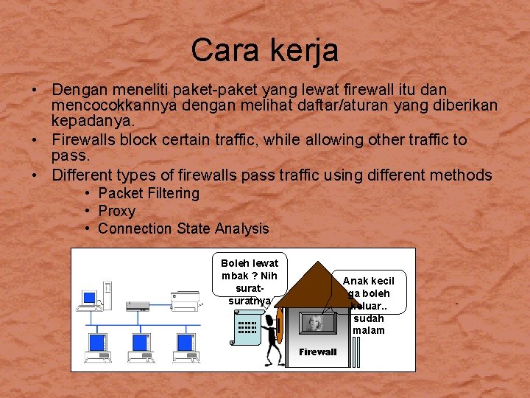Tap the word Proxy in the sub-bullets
(x=116, y=211)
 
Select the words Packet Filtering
(x=149, y=193)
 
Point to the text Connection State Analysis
(x=183, y=228)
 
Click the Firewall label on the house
(x=317, y=352)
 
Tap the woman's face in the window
(x=317, y=322)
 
